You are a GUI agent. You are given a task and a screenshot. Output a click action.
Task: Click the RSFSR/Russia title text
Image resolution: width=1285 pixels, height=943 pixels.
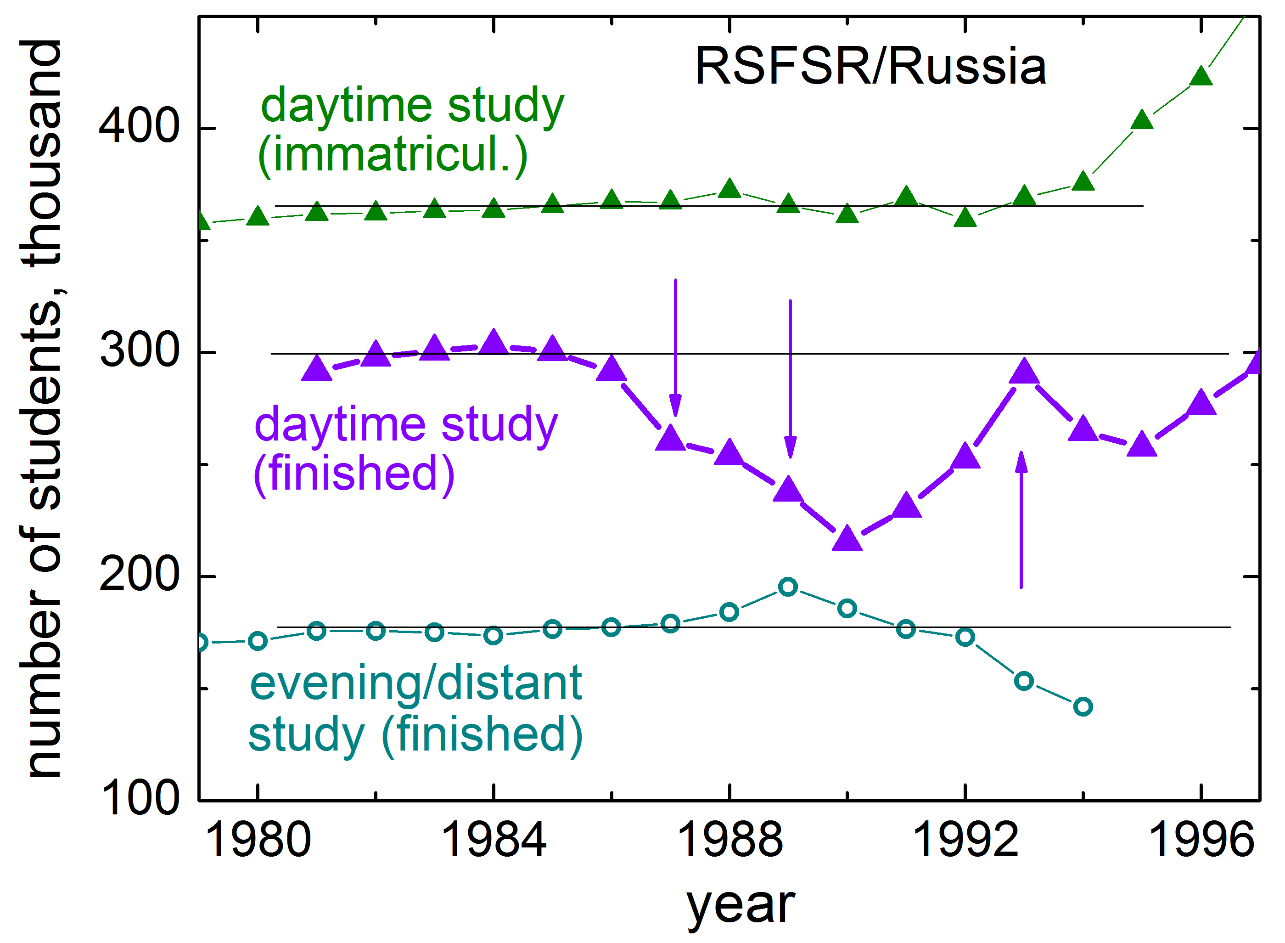(x=870, y=67)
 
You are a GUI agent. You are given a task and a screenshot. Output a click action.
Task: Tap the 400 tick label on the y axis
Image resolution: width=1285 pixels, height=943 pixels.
(x=139, y=126)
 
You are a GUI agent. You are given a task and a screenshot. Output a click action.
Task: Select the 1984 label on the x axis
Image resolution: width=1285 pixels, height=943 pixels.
(x=494, y=841)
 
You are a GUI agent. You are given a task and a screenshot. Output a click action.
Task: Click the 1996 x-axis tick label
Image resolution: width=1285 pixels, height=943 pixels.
(x=1201, y=841)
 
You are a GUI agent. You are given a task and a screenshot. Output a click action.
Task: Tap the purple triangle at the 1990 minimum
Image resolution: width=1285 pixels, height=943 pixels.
(x=847, y=538)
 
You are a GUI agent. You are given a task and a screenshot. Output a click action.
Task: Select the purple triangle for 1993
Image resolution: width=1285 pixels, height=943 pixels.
(x=1024, y=371)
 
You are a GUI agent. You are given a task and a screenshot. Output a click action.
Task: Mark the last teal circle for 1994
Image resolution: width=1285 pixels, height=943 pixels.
(x=1083, y=707)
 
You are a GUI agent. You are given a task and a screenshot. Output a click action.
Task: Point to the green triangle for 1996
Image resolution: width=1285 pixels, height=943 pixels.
(x=1201, y=75)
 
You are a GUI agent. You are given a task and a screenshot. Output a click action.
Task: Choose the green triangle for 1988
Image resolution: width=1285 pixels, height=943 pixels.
(x=729, y=188)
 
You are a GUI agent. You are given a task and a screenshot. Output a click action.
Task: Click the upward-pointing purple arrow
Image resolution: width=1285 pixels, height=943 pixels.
(x=1021, y=519)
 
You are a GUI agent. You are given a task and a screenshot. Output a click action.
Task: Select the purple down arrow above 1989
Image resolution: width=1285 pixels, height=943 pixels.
(x=790, y=379)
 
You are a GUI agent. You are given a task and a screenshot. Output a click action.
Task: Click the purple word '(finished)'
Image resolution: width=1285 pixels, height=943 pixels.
(x=354, y=474)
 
